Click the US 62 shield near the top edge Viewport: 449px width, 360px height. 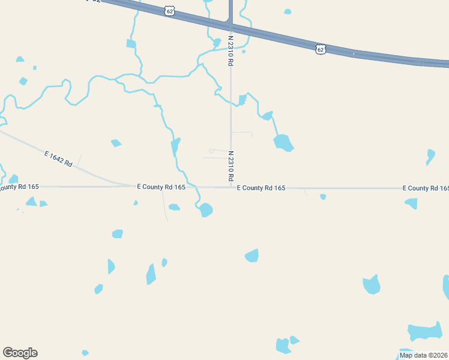[x=170, y=11]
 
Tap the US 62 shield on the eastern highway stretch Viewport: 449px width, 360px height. [x=321, y=49]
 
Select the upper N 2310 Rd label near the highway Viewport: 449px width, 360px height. [x=230, y=51]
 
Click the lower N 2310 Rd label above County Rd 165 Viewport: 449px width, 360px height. [x=230, y=166]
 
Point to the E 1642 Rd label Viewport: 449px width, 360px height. [x=58, y=159]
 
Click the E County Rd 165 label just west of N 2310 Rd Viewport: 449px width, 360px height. [x=161, y=187]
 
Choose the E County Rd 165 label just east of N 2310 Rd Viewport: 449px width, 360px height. [x=261, y=188]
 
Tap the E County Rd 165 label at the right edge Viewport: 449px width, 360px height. [x=426, y=188]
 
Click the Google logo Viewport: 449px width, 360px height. [x=20, y=353]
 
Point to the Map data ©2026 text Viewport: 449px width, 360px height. [x=423, y=355]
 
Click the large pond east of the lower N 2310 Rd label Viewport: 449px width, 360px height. [x=283, y=142]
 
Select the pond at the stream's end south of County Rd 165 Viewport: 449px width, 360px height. [x=206, y=210]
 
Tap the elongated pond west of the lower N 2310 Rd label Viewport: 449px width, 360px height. [x=175, y=147]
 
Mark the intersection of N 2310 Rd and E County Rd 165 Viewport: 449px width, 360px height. [x=231, y=187]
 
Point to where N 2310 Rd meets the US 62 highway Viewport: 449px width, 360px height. [x=231, y=27]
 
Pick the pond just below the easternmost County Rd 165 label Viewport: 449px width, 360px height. [x=412, y=203]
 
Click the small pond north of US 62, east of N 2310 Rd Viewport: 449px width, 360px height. [x=288, y=11]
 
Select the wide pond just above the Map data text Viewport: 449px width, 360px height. [x=425, y=332]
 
